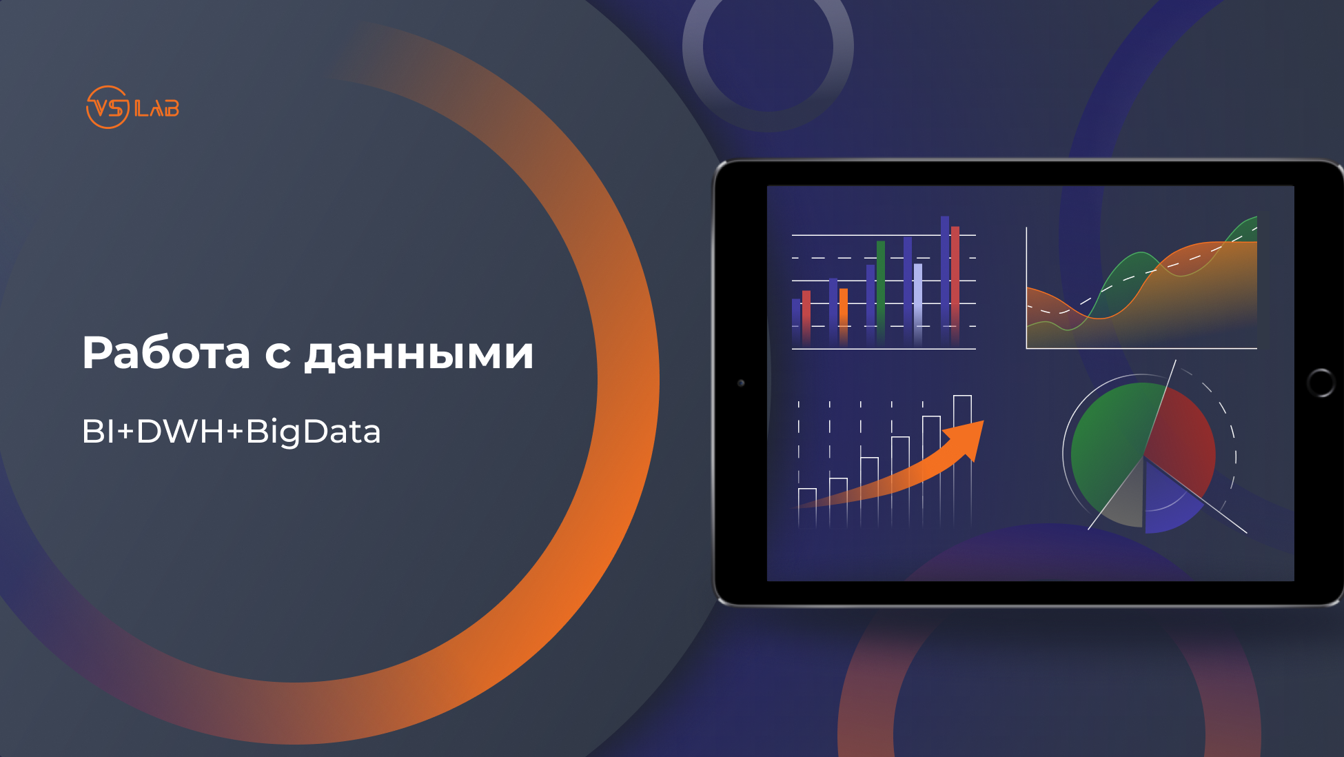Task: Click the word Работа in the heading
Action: [x=166, y=353]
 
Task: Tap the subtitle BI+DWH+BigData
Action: [x=232, y=432]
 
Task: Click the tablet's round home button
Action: [x=1321, y=383]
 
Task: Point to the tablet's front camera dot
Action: [x=741, y=383]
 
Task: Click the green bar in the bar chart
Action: [x=880, y=293]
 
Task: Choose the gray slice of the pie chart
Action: [x=1123, y=500]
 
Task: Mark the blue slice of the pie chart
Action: [x=1168, y=500]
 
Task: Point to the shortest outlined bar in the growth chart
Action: [x=807, y=507]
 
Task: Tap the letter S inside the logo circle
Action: [x=118, y=108]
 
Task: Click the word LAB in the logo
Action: [x=157, y=109]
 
